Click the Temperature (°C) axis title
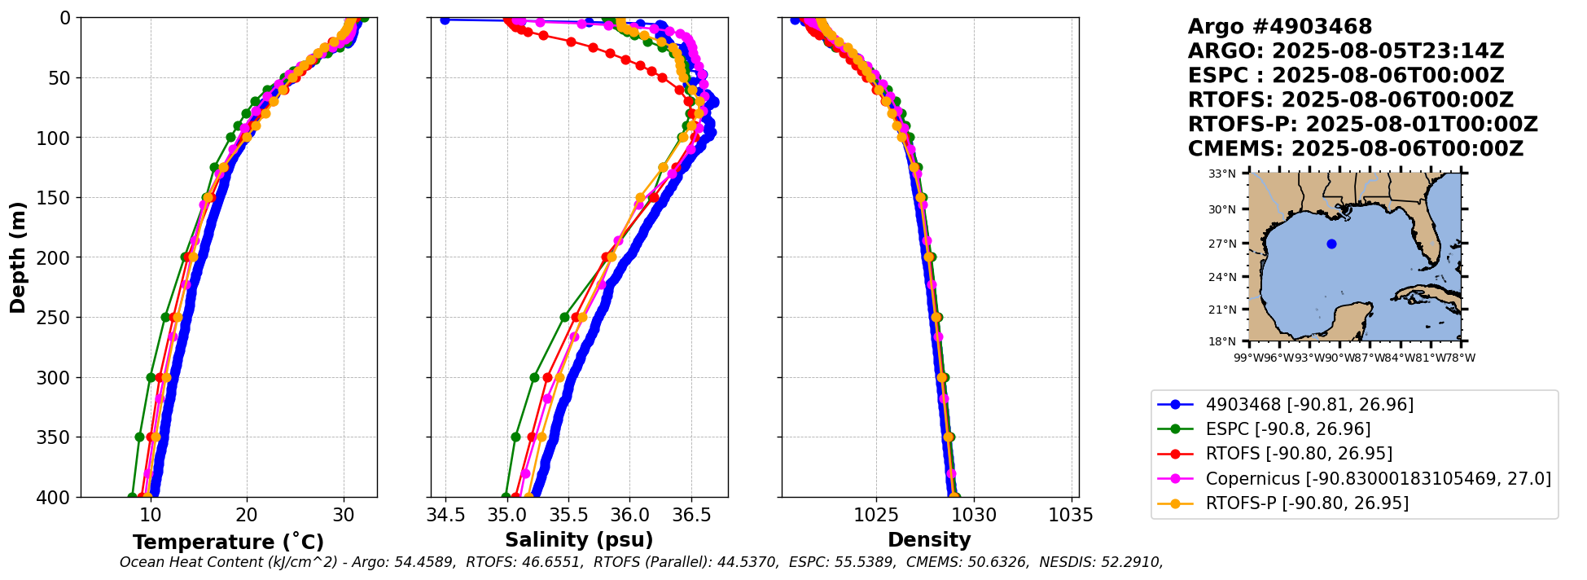coord(228,543)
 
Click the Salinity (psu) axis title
coord(579,540)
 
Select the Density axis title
coord(929,540)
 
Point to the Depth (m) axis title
coord(18,257)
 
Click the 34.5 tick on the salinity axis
coord(445,515)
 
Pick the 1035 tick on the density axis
coord(1070,515)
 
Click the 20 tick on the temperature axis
coord(247,515)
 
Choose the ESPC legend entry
coord(1287,429)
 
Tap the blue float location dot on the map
coord(1331,244)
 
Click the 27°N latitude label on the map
coord(1221,244)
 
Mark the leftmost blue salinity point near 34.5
coord(445,20)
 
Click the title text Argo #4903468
coord(1279,27)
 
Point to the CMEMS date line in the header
coord(1355,149)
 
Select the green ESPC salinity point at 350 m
coord(515,437)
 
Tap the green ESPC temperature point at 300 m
coord(151,377)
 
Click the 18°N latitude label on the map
coord(1221,341)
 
